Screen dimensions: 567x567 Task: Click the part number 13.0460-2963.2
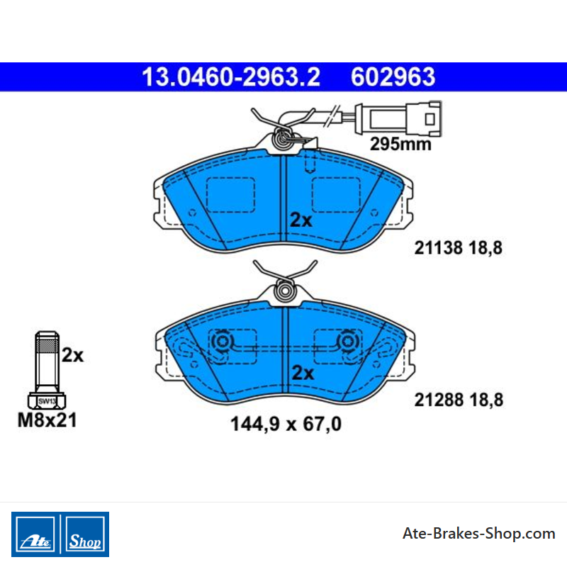click(231, 77)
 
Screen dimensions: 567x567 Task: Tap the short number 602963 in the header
click(393, 77)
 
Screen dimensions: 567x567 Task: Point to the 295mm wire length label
click(400, 144)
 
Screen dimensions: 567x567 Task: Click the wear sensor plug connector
click(398, 118)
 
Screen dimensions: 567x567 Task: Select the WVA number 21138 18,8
click(458, 248)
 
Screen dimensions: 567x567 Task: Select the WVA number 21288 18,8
click(459, 400)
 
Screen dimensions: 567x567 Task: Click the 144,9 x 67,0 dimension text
click(286, 424)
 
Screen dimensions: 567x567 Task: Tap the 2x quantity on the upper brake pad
click(301, 220)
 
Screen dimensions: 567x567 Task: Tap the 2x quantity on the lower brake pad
click(303, 373)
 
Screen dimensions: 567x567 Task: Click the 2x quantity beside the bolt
click(72, 355)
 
